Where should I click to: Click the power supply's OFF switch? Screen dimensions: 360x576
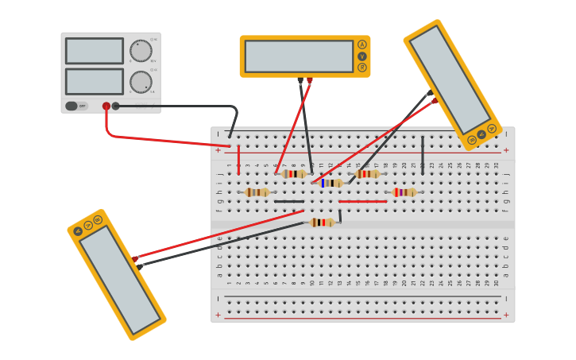72,106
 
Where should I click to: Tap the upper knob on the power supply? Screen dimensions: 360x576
141,51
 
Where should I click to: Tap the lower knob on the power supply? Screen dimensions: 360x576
141,82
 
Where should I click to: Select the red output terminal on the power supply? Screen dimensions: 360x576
106,106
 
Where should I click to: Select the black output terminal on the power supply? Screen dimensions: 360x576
116,106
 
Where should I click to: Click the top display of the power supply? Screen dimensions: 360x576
95,51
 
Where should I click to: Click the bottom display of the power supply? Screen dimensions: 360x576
95,81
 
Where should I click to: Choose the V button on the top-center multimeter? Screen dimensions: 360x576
362,56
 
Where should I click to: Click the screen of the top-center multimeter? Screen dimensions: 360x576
299,56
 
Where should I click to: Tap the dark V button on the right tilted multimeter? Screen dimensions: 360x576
481,134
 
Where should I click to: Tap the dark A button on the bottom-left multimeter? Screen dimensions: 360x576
78,231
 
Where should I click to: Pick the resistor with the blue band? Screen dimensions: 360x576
331,183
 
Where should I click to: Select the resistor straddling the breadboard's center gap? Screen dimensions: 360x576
322,223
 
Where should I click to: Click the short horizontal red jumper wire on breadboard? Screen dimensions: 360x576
363,202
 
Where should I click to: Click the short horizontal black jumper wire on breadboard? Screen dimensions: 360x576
288,202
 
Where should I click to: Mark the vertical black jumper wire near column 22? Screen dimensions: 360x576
423,155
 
